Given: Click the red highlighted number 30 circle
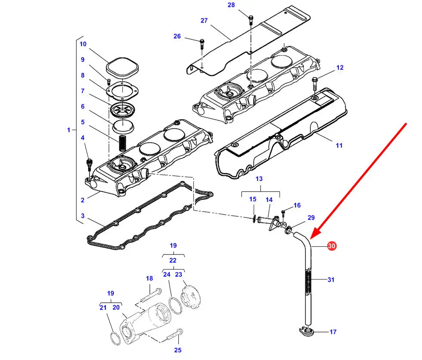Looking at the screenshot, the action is point(332,245).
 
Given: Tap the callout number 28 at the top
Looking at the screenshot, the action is point(231,5).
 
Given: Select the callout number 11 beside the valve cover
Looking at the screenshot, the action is point(339,146).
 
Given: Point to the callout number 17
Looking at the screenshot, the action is point(333,332).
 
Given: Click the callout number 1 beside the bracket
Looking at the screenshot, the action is point(68,130).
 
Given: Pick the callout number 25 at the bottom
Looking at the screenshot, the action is point(177,350).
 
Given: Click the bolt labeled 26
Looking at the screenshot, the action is point(202,44).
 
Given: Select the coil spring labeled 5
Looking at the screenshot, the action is point(123,143).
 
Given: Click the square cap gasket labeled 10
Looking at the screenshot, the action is point(122,67).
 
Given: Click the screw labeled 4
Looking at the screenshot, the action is point(89,165).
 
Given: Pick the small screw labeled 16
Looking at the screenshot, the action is point(283,214).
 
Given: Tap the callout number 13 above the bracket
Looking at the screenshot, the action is point(259,179).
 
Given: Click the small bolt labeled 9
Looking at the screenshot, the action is point(109,82).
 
